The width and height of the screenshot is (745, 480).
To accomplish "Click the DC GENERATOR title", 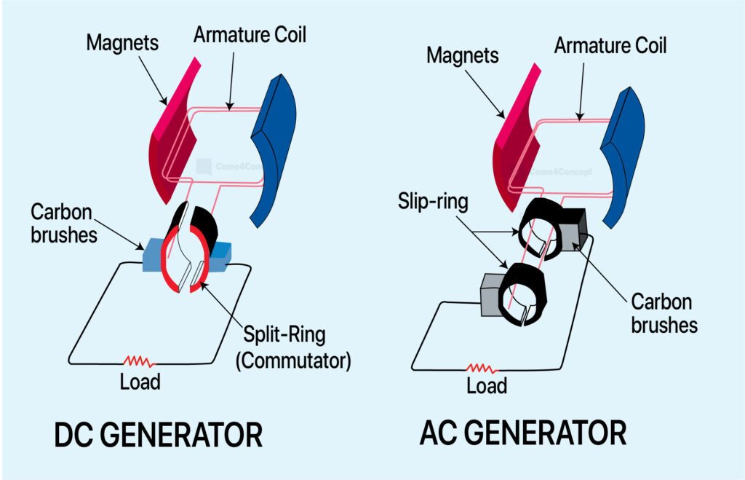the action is pos(158,434).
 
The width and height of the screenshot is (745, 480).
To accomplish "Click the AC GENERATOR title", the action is pos(523,433).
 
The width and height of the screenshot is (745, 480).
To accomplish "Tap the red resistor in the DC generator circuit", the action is pos(139,362).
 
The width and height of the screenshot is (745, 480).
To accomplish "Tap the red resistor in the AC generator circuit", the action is pos(482,368).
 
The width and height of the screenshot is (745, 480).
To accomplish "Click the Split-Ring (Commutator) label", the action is pos(293,347).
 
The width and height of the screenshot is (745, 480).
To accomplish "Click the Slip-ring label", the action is pos(433,201).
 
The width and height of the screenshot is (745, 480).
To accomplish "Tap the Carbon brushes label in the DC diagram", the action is pos(64,223).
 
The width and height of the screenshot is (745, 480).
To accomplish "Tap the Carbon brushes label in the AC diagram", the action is pos(664,313).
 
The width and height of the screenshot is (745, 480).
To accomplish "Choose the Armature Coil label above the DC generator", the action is pos(250,35).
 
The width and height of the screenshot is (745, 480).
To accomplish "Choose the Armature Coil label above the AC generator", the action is pos(610,46).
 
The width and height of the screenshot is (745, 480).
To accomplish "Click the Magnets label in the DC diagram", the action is pos(122,42).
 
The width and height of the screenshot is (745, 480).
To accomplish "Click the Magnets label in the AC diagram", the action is pos(462,55).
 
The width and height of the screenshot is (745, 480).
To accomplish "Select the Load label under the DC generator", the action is pos(140,382).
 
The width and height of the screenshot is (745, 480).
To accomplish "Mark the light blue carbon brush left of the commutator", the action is pos(154,255).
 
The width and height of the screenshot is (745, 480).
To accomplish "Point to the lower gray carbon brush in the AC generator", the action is pos(491,295).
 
